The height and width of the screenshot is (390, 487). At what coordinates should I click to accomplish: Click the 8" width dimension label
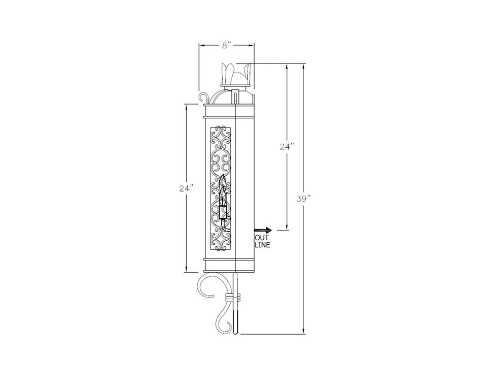pyautogui.click(x=226, y=45)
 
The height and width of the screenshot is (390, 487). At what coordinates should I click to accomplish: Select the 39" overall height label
pyautogui.click(x=303, y=199)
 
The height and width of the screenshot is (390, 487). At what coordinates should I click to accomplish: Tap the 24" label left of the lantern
pyautogui.click(x=186, y=188)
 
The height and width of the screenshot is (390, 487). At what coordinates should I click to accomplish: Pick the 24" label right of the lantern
pyautogui.click(x=287, y=146)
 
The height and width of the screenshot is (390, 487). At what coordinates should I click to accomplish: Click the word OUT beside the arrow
pyautogui.click(x=262, y=238)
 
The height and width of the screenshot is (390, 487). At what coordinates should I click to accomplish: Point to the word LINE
pyautogui.click(x=262, y=245)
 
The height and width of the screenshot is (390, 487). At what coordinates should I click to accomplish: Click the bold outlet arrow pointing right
pyautogui.click(x=264, y=230)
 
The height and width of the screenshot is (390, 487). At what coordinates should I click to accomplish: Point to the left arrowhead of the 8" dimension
pyautogui.click(x=201, y=45)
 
